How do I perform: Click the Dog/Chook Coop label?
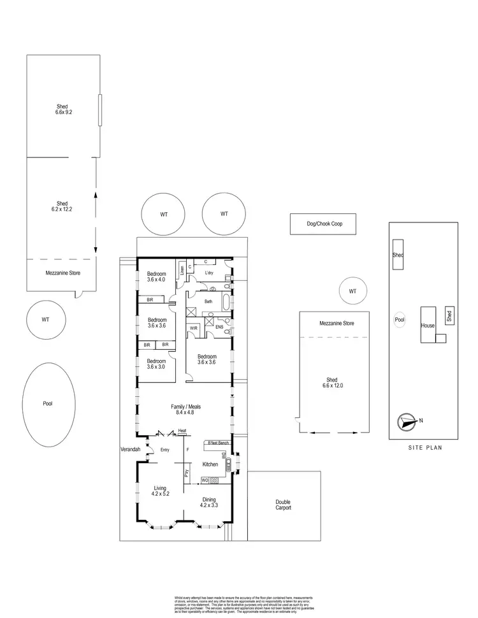pyautogui.click(x=322, y=224)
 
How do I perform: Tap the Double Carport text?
pyautogui.click(x=283, y=505)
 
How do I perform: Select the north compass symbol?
pyautogui.click(x=405, y=420)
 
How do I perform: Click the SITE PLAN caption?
pyautogui.click(x=424, y=447)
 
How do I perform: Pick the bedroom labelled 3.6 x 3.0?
pyautogui.click(x=156, y=363)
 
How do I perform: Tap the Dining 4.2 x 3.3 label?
pyautogui.click(x=209, y=503)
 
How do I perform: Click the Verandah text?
pyautogui.click(x=129, y=450)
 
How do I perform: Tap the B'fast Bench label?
pyautogui.click(x=217, y=442)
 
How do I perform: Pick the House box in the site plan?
pyautogui.click(x=427, y=325)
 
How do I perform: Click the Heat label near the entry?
pyautogui.click(x=182, y=431)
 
